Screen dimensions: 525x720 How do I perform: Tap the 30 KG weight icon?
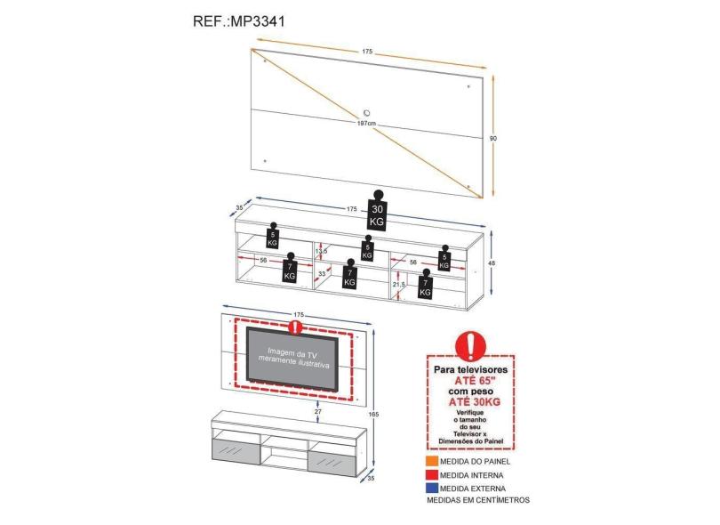(x=377, y=213)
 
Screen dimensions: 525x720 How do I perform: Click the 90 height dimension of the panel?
(x=493, y=138)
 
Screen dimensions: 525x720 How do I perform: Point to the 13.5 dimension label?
(x=321, y=252)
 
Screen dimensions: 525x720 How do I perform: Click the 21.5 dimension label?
(x=398, y=285)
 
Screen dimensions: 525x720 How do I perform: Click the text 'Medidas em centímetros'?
(x=477, y=500)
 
